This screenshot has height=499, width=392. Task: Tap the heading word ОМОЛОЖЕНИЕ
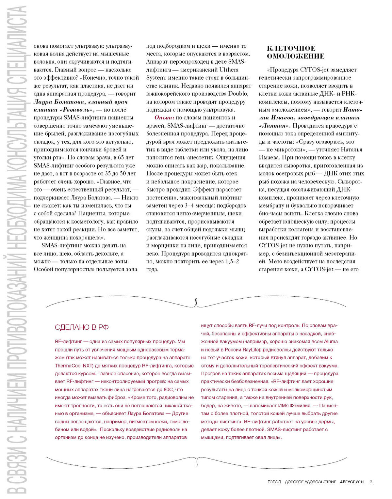[x=296, y=56]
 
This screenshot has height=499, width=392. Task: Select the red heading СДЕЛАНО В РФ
[x=82, y=327]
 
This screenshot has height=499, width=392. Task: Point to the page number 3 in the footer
[x=371, y=482]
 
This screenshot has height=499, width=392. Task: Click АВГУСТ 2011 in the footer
[x=352, y=482]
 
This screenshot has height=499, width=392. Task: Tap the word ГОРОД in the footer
[x=274, y=482]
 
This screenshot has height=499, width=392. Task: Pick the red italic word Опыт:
[x=164, y=118]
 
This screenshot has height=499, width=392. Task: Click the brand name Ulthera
[x=229, y=70]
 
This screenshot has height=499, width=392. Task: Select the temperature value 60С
[x=169, y=389]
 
